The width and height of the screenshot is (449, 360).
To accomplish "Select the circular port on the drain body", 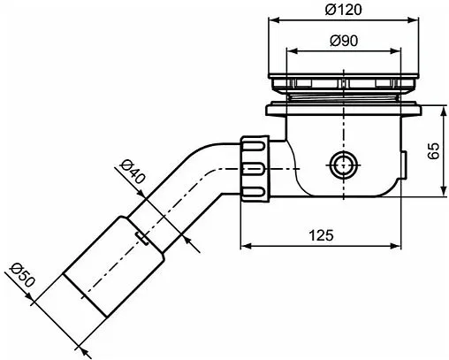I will click(x=341, y=163).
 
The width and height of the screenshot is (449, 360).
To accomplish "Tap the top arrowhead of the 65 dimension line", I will click(x=441, y=108).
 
